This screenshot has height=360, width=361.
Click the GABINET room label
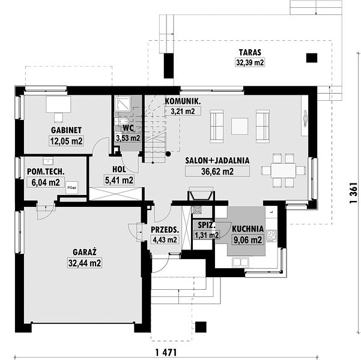(x=66, y=130)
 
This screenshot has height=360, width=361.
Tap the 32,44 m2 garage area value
(x=85, y=263)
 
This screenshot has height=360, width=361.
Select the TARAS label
(x=250, y=52)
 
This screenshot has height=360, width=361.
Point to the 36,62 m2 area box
(x=217, y=172)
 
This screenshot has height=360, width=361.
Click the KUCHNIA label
(x=247, y=229)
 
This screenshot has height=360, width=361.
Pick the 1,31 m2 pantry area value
(x=207, y=235)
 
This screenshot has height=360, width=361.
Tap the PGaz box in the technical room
(x=72, y=188)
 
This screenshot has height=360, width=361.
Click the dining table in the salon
(x=283, y=170)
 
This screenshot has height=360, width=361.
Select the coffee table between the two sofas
(x=240, y=126)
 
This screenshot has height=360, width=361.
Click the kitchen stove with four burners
(x=272, y=236)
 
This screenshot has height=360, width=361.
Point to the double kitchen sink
(x=241, y=262)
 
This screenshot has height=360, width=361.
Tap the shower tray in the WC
(x=123, y=103)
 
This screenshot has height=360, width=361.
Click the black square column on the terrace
(x=312, y=58)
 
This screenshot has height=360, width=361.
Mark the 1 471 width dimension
(x=166, y=352)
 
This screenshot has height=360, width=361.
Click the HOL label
(x=119, y=170)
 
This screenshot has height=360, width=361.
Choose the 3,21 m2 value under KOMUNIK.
(x=183, y=112)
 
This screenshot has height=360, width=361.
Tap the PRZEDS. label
(x=165, y=230)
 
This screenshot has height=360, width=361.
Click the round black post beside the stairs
(x=168, y=154)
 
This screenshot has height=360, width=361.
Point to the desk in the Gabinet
(x=58, y=104)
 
